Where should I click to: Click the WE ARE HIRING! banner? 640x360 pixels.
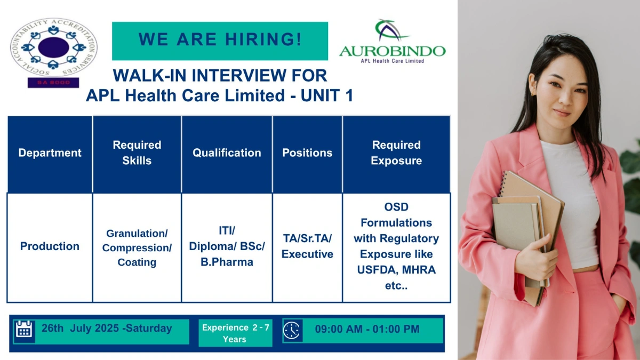point(220,41)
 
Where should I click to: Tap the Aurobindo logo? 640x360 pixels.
point(392,43)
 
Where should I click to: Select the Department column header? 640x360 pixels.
point(50,153)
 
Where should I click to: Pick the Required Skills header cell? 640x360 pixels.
point(137,153)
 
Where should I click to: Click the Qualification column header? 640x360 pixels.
point(227,153)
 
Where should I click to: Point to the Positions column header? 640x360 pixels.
point(307,153)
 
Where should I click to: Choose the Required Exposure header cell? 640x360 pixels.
point(396,153)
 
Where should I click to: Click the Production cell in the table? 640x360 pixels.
point(50,246)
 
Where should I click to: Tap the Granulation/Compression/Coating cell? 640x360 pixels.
point(137,248)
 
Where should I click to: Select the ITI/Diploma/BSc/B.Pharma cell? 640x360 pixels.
point(227,246)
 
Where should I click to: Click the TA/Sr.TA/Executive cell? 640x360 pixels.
point(307,246)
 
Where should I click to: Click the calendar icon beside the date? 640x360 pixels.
point(24,330)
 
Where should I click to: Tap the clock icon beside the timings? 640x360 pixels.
point(292,330)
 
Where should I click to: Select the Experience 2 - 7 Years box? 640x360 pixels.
point(235,333)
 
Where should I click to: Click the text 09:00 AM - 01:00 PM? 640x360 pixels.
point(367,330)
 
